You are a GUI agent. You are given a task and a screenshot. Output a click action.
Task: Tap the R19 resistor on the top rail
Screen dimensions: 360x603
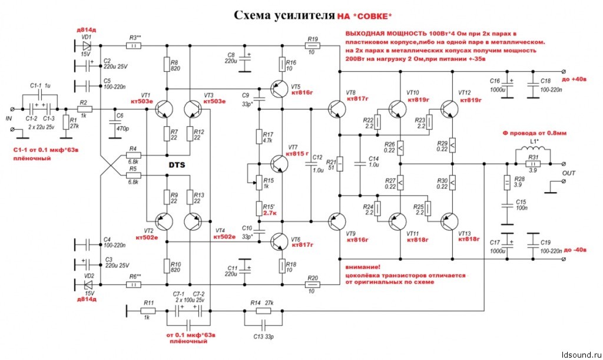[313, 45]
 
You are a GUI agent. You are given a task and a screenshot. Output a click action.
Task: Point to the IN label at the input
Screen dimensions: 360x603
[9, 118]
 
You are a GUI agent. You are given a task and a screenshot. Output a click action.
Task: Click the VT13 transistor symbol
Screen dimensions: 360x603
[448, 220]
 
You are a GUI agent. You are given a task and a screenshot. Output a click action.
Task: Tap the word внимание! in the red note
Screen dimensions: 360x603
[364, 267]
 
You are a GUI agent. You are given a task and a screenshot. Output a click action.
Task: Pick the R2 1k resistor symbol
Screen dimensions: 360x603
[84, 110]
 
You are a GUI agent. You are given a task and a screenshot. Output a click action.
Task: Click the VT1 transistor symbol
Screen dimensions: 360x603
[164, 110]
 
